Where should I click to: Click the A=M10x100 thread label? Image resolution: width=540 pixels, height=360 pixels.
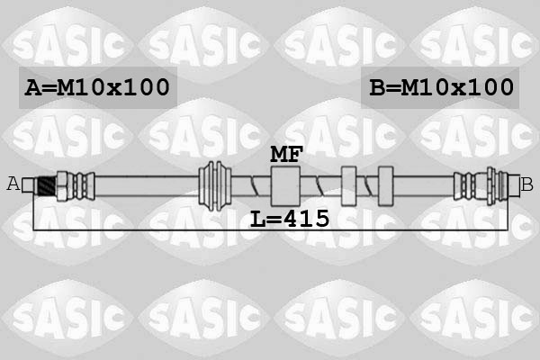point(97,87)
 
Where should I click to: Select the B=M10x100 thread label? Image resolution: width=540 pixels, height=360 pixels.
point(442,87)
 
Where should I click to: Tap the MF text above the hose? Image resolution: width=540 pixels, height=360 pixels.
point(286,154)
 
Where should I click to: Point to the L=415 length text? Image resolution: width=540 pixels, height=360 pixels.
point(290,219)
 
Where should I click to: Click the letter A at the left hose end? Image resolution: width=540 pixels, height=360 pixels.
point(13,184)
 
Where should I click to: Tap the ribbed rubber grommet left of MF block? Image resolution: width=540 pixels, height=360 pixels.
point(215,185)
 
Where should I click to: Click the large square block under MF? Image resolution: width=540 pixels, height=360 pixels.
point(285,186)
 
